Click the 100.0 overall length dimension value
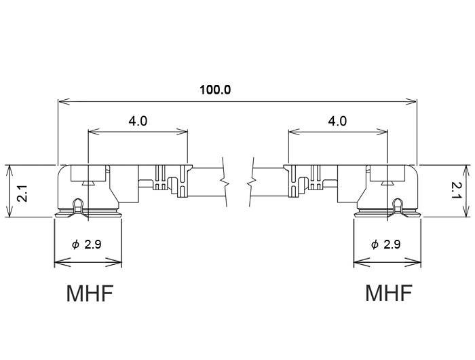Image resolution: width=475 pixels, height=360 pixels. pos(215,90)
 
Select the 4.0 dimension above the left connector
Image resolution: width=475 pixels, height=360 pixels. pos(138,121)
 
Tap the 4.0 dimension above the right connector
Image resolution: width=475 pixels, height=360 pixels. pos(337,121)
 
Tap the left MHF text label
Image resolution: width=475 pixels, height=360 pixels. pos(90,293)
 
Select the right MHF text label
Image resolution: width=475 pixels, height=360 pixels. pos(388,293)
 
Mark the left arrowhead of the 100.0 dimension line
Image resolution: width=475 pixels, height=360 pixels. pos(62,102)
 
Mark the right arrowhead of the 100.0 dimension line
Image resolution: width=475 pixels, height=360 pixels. pos(413,102)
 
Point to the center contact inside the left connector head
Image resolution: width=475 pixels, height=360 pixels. pos(88,181)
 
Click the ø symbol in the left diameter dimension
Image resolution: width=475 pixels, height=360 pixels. pos(75,245)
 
